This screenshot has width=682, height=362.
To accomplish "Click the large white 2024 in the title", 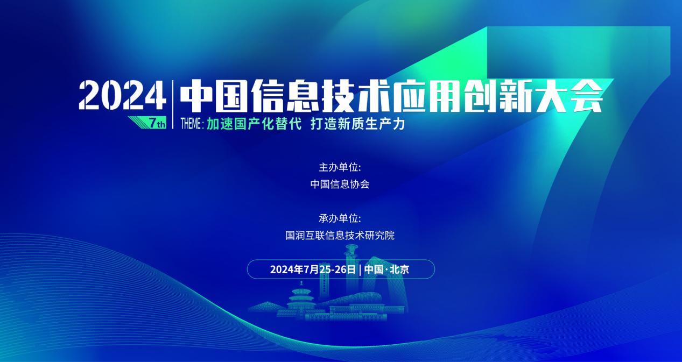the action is (122, 95).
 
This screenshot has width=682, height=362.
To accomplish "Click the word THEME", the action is (191, 124).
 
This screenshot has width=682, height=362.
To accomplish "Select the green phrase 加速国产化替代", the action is (254, 124).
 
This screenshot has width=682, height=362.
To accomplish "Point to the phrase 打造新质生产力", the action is (358, 124).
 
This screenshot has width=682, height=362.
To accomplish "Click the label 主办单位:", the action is (340, 167).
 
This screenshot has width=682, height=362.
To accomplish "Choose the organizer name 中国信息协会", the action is (340, 184).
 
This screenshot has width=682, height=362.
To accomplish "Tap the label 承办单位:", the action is (340, 218).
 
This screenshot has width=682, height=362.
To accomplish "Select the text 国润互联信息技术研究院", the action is (340, 236).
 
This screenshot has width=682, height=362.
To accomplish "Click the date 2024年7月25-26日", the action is (313, 269).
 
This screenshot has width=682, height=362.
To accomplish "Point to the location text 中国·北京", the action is (386, 269).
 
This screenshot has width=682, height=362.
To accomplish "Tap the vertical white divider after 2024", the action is (173, 104).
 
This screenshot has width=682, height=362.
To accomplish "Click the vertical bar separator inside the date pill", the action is (360, 270).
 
